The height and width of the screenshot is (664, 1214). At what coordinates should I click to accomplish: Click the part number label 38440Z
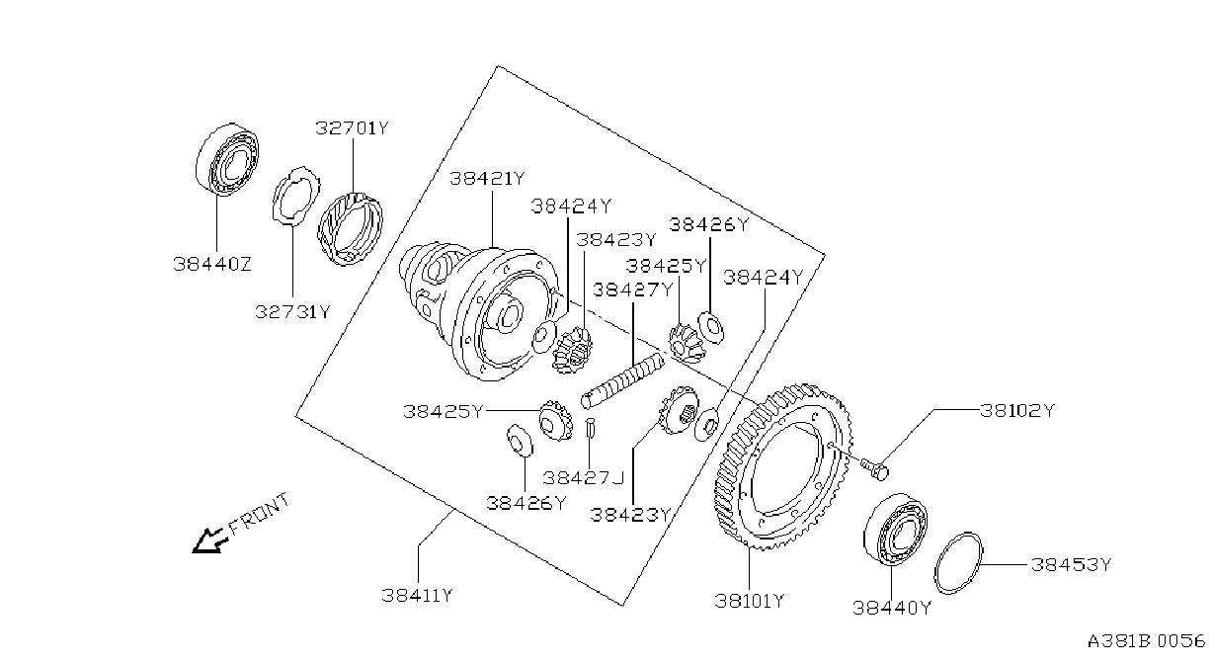tap(212, 264)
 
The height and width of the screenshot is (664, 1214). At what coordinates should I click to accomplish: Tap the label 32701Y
tap(353, 128)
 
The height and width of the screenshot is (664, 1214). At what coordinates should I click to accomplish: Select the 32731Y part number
tap(292, 311)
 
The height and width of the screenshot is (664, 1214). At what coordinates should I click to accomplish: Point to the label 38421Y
tap(487, 178)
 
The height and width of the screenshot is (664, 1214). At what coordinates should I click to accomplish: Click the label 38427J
tap(584, 477)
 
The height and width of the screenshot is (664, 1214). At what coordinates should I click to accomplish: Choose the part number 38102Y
tap(1017, 410)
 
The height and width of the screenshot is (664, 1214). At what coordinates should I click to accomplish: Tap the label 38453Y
tap(1071, 564)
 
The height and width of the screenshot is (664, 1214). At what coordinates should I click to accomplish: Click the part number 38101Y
tap(750, 601)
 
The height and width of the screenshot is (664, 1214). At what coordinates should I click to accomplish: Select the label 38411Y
tap(417, 595)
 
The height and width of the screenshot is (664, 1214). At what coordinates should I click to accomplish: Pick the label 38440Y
tap(892, 608)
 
